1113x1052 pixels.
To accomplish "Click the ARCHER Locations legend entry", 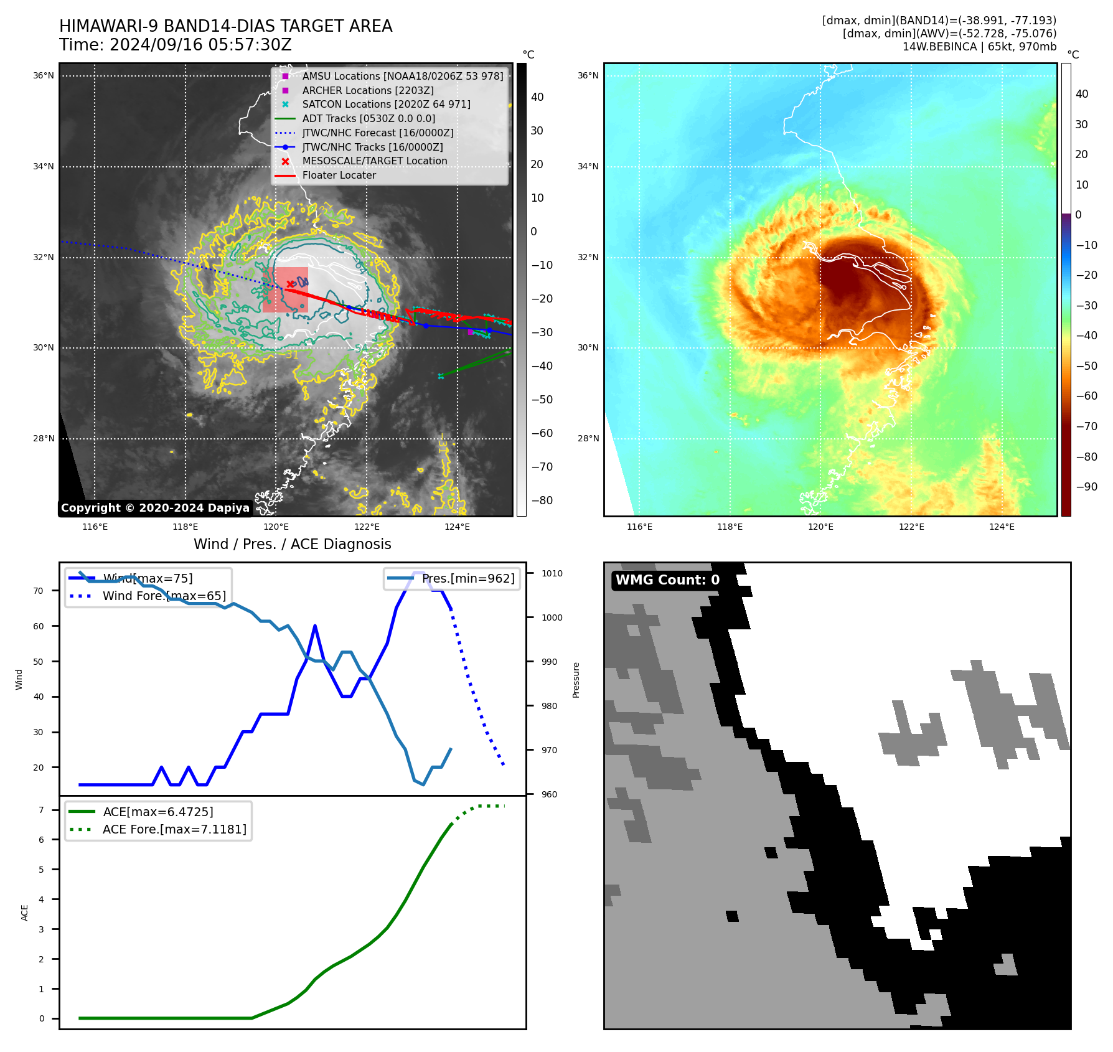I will coord(367,90).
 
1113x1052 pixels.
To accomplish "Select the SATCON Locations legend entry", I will coord(386,105).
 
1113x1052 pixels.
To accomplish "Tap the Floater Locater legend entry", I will coord(339,176).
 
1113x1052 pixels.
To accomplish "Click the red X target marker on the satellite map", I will coord(290,284).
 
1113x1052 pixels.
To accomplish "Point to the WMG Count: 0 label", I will coord(667,580).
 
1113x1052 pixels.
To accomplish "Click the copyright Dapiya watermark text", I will coord(155,508).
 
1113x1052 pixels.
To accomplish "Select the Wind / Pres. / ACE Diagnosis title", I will coord(292,544).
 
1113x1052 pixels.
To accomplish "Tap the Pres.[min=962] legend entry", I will coord(467,579).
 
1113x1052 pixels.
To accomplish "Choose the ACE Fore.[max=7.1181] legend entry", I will coord(174,829).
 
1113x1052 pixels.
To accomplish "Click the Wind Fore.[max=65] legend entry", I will coord(164,596).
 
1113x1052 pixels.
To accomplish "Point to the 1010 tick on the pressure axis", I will coord(552,573).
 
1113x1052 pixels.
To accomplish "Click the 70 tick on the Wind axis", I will coord(39,591).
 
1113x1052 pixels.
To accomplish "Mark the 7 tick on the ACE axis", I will coord(41,810).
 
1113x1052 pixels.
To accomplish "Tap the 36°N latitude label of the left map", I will coord(44,76).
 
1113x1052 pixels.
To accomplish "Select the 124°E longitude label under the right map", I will coord(1002,527).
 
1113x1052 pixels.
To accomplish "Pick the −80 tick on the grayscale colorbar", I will coord(542,500).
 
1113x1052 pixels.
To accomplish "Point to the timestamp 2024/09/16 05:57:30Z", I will coord(200,45).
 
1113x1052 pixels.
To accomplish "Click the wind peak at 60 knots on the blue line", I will coord(315,626).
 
